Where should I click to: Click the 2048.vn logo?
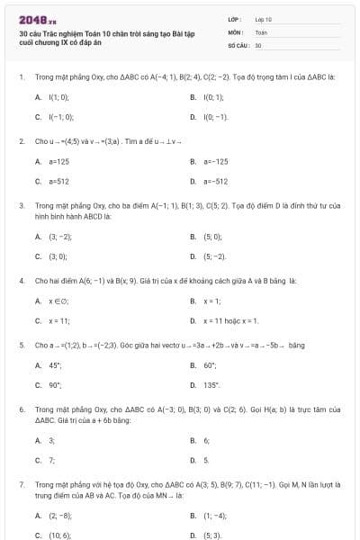coord(37,19)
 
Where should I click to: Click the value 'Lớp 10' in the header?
coord(263,18)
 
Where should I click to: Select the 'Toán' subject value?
coord(261,31)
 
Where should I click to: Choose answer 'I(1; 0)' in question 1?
coord(58,96)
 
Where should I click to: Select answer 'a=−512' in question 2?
coord(215,182)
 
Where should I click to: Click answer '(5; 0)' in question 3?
coord(211,237)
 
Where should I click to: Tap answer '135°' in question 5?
coord(211,385)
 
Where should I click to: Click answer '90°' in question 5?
coord(54,385)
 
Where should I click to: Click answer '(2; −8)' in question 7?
coord(60,516)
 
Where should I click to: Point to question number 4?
coord(21,281)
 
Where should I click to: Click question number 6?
coord(21,409)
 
